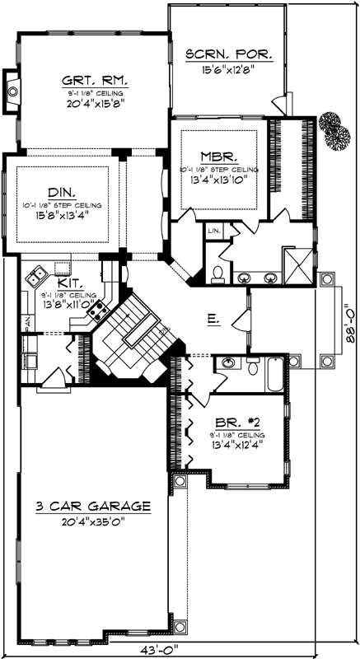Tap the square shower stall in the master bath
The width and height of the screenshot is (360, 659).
click(295, 263)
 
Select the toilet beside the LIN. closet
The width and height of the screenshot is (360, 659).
click(218, 271)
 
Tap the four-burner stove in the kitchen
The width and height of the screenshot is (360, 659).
click(100, 310)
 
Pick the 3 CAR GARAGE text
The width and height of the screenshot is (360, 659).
click(92, 505)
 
